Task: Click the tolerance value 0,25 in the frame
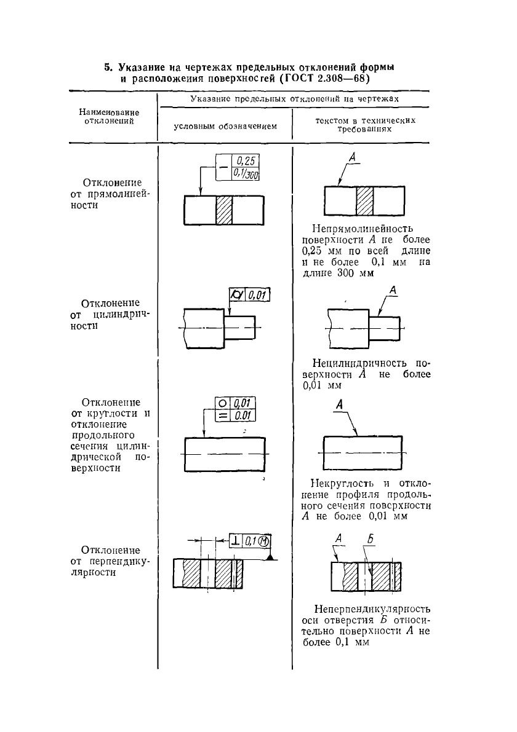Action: coord(245,162)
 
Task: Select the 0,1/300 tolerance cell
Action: coord(245,175)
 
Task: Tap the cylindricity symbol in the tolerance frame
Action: coord(236,296)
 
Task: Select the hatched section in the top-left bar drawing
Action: coord(223,211)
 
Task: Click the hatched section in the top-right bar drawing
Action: coord(365,202)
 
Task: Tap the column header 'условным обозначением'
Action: coord(225,126)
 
